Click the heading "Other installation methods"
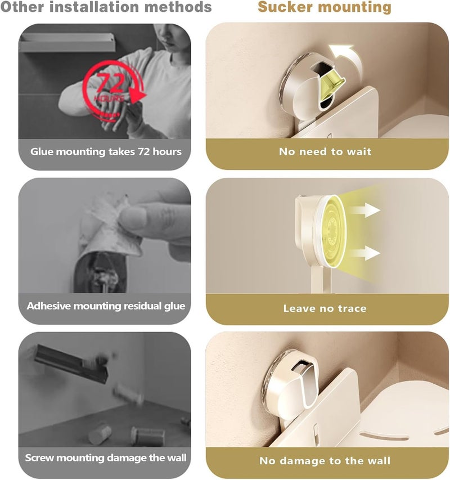[106, 7]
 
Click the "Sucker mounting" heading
[325, 7]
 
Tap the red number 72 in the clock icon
[111, 83]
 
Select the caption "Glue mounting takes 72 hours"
[106, 151]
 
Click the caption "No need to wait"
[325, 151]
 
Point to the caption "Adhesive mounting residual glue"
[106, 306]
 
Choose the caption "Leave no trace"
[325, 308]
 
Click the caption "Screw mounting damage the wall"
[106, 457]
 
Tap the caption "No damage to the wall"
[325, 460]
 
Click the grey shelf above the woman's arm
[67, 42]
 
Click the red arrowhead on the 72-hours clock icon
[137, 96]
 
